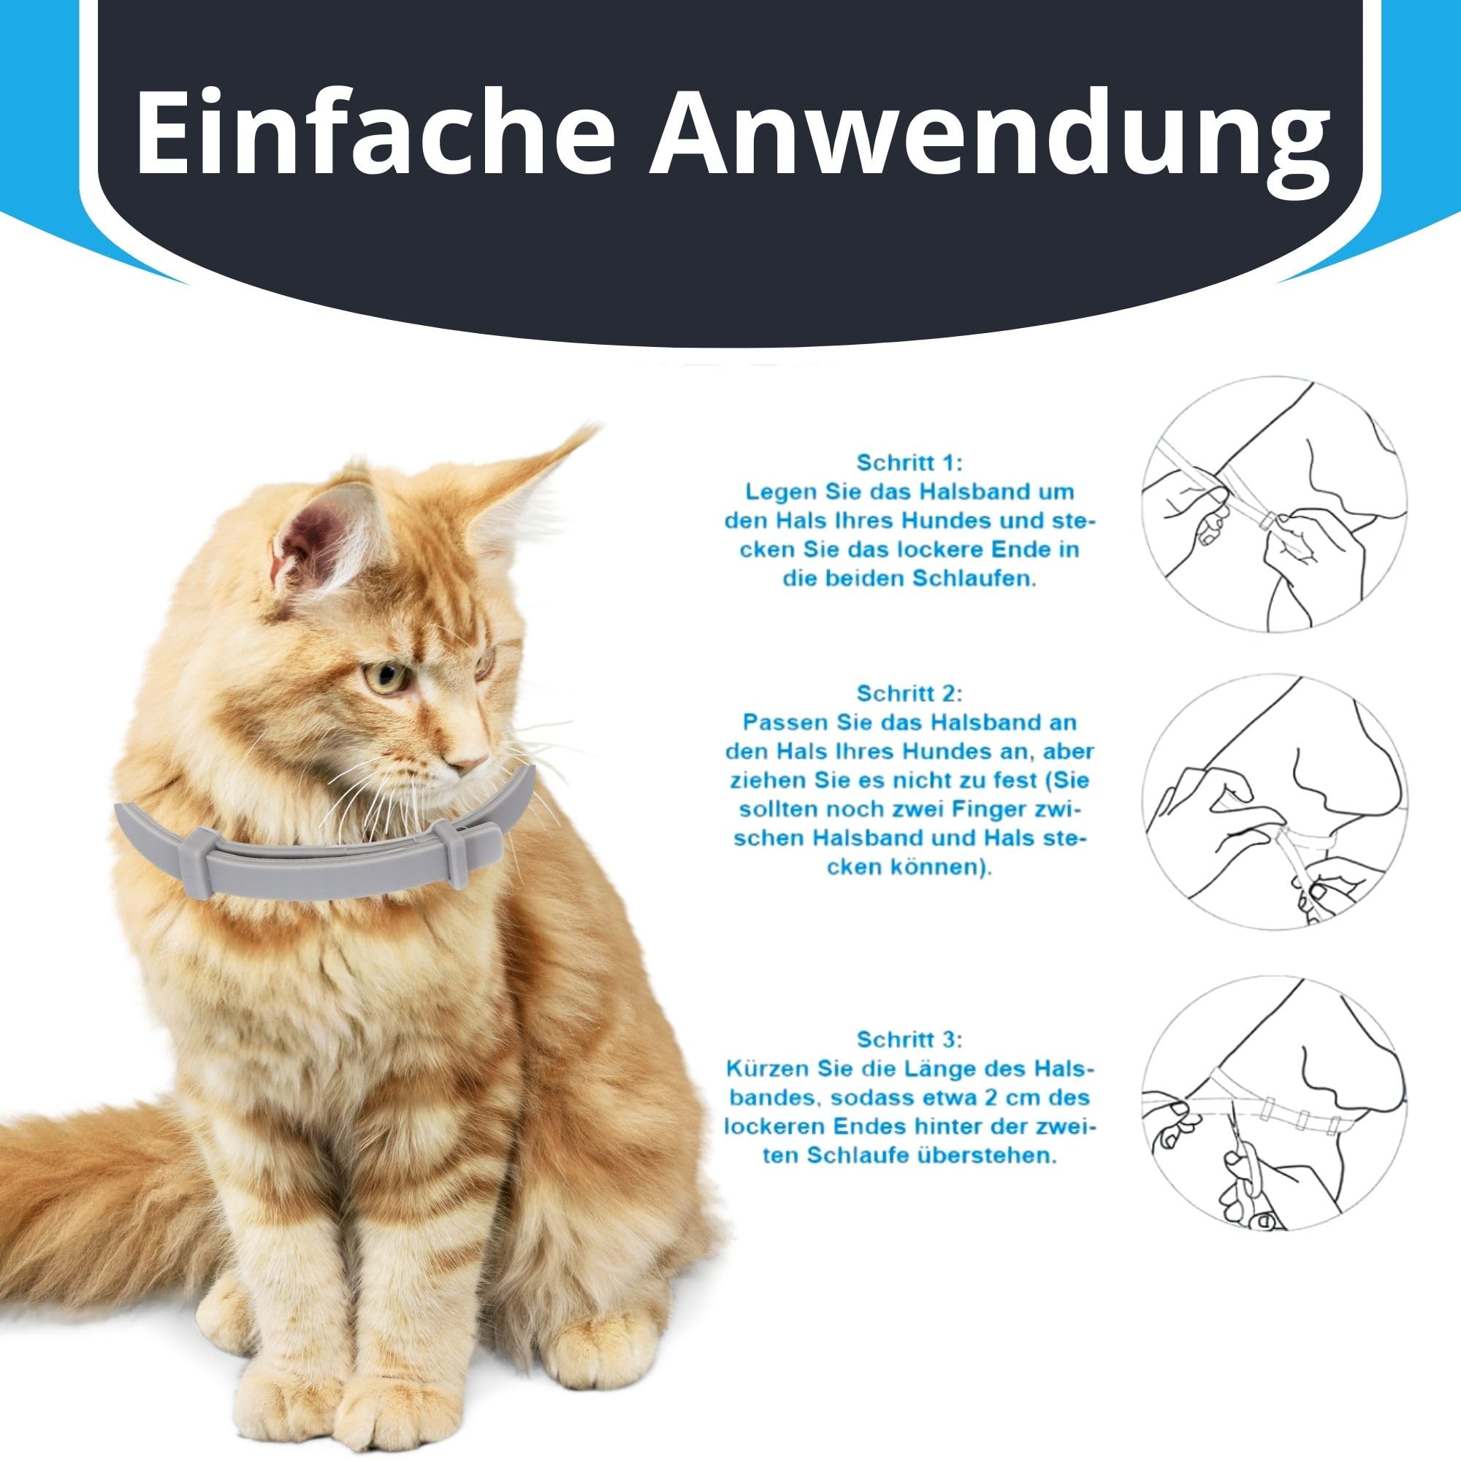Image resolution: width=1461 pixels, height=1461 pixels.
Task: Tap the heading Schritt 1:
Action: (x=909, y=462)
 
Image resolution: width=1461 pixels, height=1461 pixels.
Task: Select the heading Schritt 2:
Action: (x=909, y=693)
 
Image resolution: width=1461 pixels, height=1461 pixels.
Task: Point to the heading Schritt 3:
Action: (x=909, y=1039)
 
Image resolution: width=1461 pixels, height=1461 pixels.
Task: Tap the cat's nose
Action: (x=475, y=759)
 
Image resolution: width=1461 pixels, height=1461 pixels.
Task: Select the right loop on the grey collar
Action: (x=455, y=853)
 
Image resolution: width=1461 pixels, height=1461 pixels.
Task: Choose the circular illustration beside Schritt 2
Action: (x=1273, y=801)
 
